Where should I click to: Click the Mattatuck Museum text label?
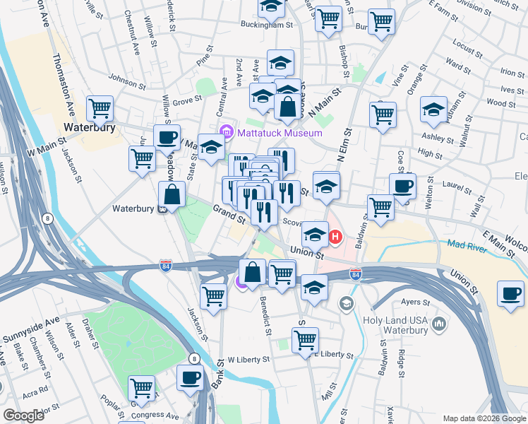pyautogui.click(x=280, y=133)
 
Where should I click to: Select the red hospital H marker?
pyautogui.click(x=336, y=237)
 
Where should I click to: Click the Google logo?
pyautogui.click(x=23, y=416)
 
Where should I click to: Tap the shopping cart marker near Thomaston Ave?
pyautogui.click(x=100, y=110)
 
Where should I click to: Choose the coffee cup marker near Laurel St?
pyautogui.click(x=402, y=187)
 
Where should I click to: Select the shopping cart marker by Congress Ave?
pyautogui.click(x=141, y=388)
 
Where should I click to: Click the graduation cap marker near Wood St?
pyautogui.click(x=433, y=110)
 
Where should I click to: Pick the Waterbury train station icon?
pyautogui.click(x=163, y=208)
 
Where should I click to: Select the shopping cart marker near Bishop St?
pyautogui.click(x=328, y=20)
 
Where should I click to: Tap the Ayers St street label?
pyautogui.click(x=415, y=302)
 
